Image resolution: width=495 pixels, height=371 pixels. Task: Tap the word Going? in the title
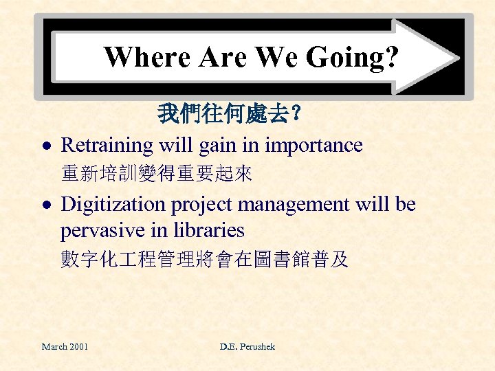tap(362, 58)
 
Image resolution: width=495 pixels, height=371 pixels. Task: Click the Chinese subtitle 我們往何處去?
tap(228, 113)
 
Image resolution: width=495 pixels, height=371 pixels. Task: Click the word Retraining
tap(107, 146)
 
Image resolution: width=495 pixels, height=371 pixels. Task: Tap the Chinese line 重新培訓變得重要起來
tap(156, 174)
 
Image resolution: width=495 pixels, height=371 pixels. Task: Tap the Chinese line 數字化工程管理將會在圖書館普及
tap(204, 259)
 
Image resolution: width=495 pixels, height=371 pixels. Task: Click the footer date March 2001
tap(65, 346)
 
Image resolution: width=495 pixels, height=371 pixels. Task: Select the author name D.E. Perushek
tap(247, 346)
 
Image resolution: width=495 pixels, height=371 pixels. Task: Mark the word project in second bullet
tap(203, 205)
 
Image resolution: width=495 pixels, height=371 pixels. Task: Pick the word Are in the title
tap(221, 57)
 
